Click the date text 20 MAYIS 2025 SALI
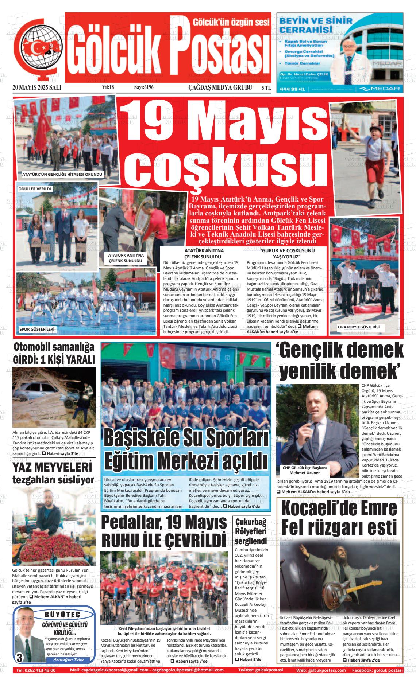36,87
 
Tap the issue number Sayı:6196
144,87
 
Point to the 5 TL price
266,87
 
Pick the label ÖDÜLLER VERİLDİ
35,189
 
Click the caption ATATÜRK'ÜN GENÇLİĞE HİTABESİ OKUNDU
62,175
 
